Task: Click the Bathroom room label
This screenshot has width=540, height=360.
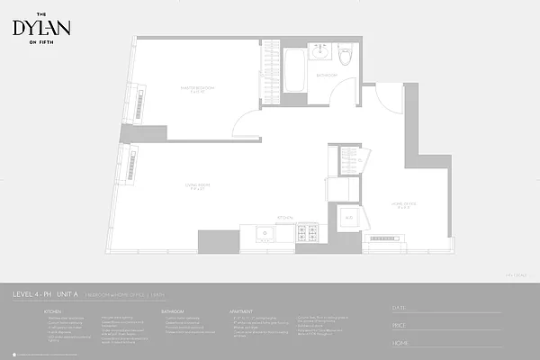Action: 327,76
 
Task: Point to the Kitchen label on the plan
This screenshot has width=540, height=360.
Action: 286,217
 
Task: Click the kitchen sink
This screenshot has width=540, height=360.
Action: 265,234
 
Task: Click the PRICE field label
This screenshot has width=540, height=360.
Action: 401,326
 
